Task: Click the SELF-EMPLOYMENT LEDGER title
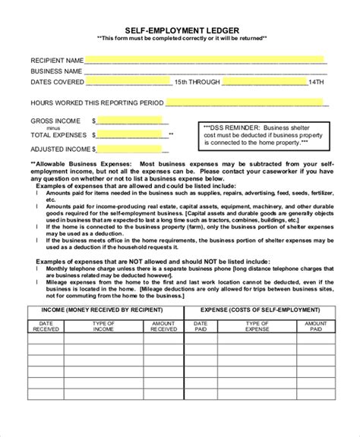click(x=180, y=27)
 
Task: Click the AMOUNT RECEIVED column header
click(x=163, y=326)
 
